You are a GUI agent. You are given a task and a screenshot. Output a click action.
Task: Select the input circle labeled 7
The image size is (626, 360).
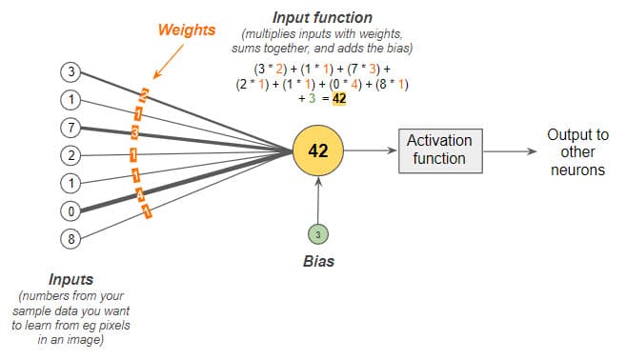pyautogui.click(x=70, y=126)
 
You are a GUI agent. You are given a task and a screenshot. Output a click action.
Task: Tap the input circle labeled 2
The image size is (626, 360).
pyautogui.click(x=70, y=154)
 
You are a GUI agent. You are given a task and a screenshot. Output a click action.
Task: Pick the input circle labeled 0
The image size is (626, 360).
pyautogui.click(x=70, y=210)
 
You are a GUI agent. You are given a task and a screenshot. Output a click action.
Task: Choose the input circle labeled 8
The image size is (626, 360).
pyautogui.click(x=70, y=239)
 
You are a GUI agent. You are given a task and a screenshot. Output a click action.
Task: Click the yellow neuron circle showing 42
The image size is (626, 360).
pyautogui.click(x=318, y=151)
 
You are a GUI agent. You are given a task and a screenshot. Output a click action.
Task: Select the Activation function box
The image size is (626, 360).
pyautogui.click(x=439, y=151)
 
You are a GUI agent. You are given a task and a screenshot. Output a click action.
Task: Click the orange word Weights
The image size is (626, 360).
pyautogui.click(x=187, y=30)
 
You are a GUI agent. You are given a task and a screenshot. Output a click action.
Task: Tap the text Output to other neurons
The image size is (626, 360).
pyautogui.click(x=576, y=152)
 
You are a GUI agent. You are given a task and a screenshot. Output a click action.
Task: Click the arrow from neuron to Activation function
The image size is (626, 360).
pyautogui.click(x=372, y=151)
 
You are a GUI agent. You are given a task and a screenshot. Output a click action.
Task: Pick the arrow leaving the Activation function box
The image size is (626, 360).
pyautogui.click(x=509, y=151)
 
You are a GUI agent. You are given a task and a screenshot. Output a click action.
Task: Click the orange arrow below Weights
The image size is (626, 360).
pyautogui.click(x=166, y=62)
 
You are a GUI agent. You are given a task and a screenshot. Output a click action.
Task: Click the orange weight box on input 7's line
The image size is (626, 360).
pyautogui.click(x=136, y=130)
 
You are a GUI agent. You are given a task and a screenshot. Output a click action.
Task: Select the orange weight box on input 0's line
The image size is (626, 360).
pyautogui.click(x=140, y=194)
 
